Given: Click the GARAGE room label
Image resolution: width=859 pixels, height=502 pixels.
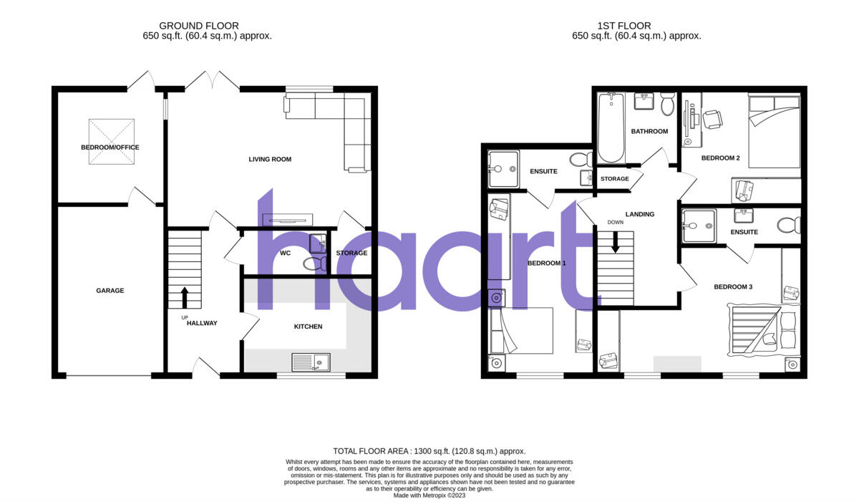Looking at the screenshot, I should click(110, 291).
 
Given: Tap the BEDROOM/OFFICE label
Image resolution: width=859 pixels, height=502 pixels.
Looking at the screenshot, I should click(110, 148).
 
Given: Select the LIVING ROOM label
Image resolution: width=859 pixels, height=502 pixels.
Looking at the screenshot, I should click(270, 159).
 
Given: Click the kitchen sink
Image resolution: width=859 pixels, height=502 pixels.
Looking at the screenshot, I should click(310, 362).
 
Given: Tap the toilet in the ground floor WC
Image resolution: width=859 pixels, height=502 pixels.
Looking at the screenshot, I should click(313, 264).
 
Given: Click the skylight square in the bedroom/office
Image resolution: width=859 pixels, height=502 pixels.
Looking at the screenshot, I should click(111, 142).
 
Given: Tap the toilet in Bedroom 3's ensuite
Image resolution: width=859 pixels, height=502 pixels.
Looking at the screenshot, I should click(789, 226).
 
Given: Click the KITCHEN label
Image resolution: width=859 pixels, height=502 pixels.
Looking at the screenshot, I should click(308, 327).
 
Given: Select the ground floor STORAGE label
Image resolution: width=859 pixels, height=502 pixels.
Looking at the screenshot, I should click(351, 253).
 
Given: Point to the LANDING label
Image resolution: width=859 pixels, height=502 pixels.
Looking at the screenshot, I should click(639, 214).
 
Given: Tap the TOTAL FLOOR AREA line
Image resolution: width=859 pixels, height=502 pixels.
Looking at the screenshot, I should click(429, 451).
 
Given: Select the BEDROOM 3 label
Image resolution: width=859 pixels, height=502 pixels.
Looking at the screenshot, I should click(733, 287).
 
